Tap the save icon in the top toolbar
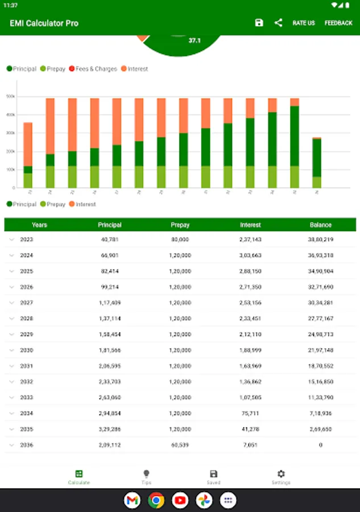tap(259, 23)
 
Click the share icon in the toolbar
tap(278, 23)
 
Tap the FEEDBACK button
tap(338, 23)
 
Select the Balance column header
tap(320, 225)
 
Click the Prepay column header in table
tap(180, 225)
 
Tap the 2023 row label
tap(27, 240)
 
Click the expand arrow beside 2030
tap(11, 350)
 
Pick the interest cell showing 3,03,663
tap(250, 255)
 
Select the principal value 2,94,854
tap(110, 413)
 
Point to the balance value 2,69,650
tap(320, 429)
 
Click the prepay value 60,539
tap(180, 445)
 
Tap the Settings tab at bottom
tap(281, 477)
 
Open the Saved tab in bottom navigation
tap(213, 477)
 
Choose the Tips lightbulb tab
tap(146, 477)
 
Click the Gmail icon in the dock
tap(132, 501)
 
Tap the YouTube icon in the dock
tap(180, 501)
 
